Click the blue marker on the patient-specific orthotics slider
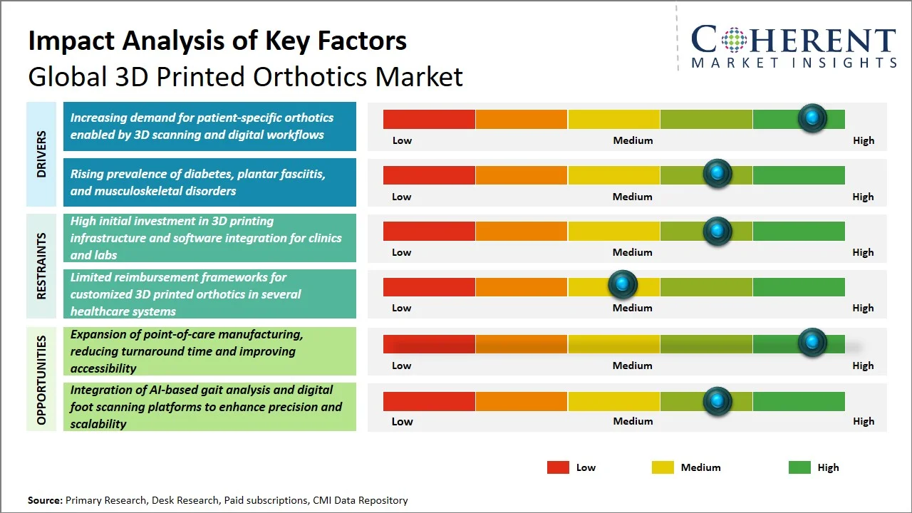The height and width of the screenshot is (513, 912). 812,118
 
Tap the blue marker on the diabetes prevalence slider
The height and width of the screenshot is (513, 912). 717,173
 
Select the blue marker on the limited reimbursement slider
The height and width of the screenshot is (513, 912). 623,285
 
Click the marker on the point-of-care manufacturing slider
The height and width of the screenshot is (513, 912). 812,342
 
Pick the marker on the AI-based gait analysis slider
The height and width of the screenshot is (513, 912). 717,401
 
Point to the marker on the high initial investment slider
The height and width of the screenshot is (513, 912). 717,231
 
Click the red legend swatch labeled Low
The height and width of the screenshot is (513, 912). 558,467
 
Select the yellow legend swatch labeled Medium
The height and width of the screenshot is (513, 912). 663,467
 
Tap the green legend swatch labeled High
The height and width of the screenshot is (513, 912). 799,467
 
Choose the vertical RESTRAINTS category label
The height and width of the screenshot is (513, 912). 41,266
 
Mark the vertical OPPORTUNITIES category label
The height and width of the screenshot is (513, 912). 41,380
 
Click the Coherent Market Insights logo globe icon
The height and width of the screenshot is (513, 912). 735,40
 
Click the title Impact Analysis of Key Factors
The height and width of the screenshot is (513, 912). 217,41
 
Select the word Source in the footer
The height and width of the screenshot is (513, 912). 45,500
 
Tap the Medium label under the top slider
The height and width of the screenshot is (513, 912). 633,140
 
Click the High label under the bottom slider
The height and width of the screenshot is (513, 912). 863,421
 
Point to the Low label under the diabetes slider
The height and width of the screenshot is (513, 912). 402,197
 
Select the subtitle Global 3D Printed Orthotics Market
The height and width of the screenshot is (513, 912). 245,76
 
